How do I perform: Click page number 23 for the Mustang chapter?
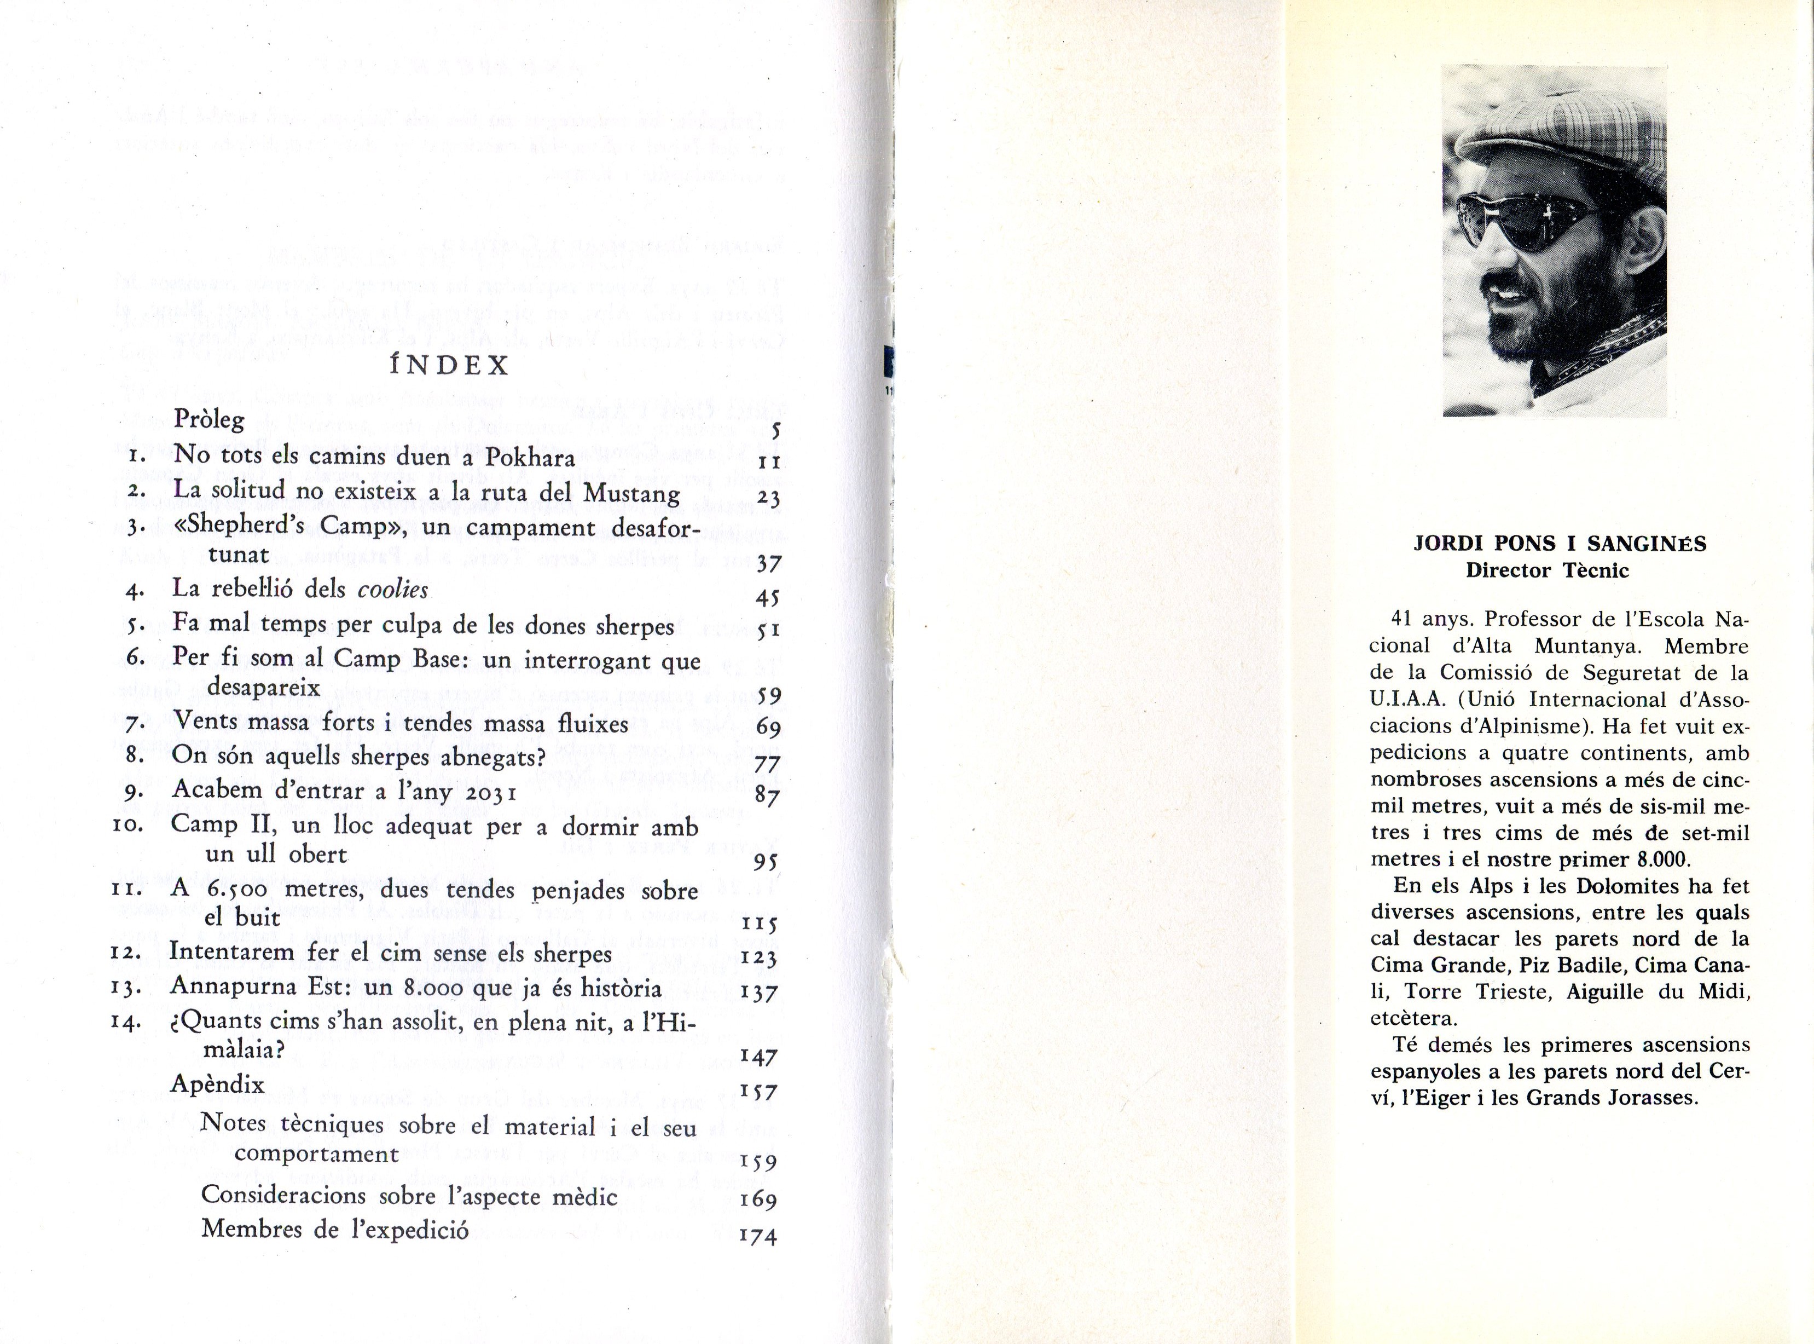click(768, 498)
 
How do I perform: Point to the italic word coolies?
click(393, 589)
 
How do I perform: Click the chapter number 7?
click(135, 723)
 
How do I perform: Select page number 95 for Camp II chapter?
click(766, 862)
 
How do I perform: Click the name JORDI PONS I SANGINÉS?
click(1560, 544)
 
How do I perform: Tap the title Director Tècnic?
click(1548, 570)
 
